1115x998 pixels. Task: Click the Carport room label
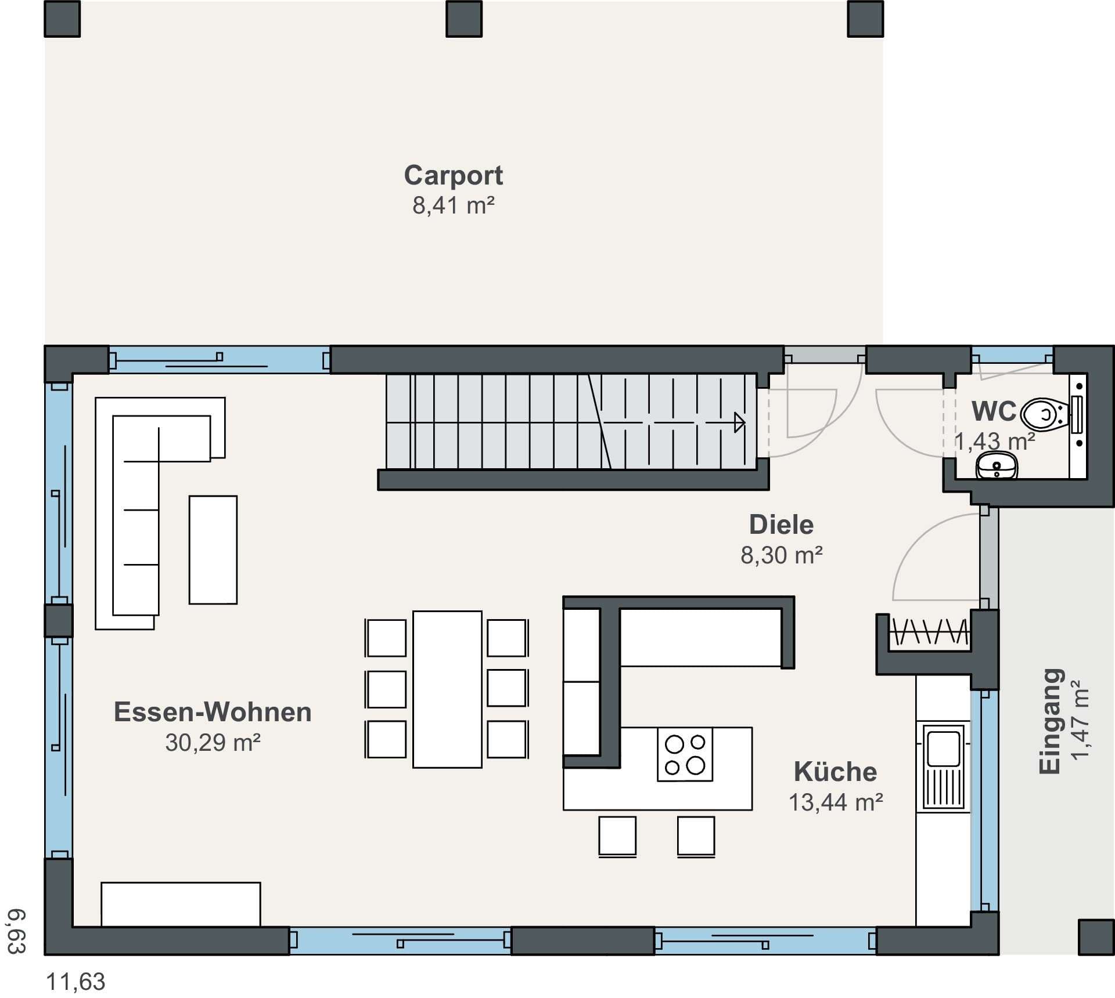[453, 175]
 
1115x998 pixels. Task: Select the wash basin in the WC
[997, 466]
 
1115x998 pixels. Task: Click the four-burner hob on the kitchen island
[685, 754]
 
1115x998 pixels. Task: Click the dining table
[447, 689]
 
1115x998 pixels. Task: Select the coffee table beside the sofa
[213, 549]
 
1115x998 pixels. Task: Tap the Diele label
[781, 525]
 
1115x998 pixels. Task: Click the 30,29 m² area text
[213, 742]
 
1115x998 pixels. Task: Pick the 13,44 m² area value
[836, 802]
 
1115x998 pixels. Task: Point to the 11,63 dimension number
[75, 982]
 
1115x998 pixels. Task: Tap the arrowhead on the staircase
[740, 422]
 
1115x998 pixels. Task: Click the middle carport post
[464, 19]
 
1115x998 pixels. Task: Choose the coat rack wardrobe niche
[929, 632]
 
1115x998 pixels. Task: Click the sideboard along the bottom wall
[181, 904]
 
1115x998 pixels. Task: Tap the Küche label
[836, 772]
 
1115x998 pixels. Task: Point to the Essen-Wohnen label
[213, 712]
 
